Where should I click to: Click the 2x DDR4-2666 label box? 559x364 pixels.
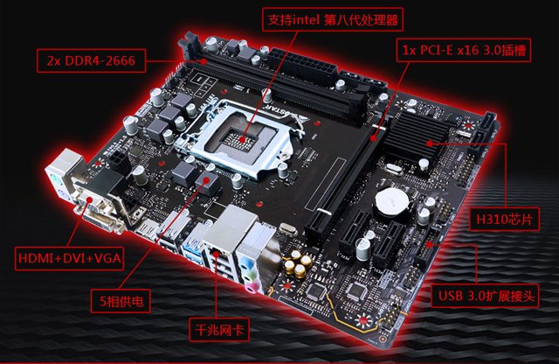91,60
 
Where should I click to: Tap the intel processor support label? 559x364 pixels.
333,19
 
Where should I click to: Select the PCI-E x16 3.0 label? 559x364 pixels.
464,50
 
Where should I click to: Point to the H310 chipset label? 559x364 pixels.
504,219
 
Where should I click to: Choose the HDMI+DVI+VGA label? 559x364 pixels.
69,258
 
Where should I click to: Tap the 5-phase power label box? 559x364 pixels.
121,301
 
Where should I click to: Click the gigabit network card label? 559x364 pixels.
219,329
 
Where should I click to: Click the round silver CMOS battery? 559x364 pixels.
391,202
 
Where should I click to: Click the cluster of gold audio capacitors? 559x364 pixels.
298,263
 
